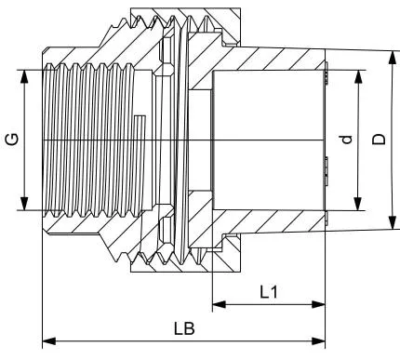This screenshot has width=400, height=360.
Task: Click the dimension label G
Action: click(x=13, y=140)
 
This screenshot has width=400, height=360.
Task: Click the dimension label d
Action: click(x=347, y=140)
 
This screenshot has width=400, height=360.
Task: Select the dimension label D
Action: click(x=379, y=140)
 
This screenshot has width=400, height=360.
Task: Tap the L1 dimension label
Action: click(x=269, y=292)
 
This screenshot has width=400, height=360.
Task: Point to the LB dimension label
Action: click(x=184, y=328)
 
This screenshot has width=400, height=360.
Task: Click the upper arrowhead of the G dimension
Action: click(x=24, y=76)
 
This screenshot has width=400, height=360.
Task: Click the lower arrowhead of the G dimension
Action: click(x=24, y=204)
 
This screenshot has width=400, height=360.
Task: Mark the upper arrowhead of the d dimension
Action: click(x=358, y=76)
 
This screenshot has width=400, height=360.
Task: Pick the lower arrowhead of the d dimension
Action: click(x=358, y=204)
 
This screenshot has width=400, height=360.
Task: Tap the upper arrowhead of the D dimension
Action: click(x=393, y=58)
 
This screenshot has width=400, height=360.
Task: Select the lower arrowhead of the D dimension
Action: click(x=393, y=223)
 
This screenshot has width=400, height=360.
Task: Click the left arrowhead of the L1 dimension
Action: click(x=219, y=304)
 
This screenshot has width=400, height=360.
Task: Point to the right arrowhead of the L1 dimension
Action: click(x=318, y=304)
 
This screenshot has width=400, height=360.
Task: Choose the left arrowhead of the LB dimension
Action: click(x=48, y=341)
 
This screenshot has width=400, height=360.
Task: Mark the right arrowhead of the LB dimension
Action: click(x=318, y=341)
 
